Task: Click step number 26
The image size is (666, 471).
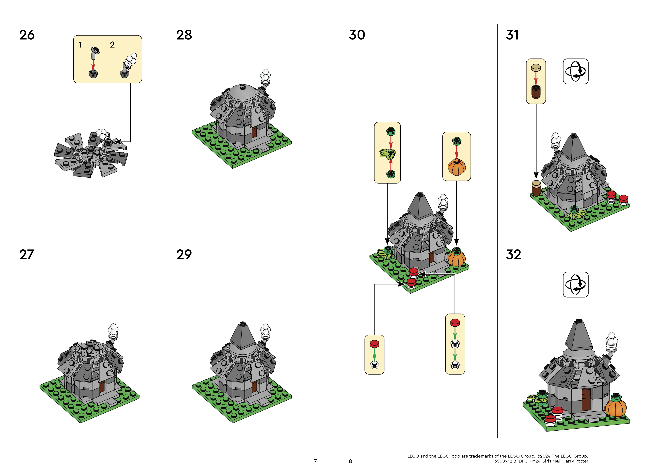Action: [27, 35]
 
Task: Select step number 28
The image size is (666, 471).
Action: [184, 35]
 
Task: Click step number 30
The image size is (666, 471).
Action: [357, 35]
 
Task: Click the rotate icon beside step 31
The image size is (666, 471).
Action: [575, 71]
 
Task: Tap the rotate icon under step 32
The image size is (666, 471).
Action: [575, 284]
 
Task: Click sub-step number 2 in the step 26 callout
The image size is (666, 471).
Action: [112, 45]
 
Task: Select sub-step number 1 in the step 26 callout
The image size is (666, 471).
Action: [80, 45]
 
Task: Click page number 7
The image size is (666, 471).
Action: [315, 461]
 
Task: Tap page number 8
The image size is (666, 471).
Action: [350, 461]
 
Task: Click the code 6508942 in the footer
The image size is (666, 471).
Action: [503, 461]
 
